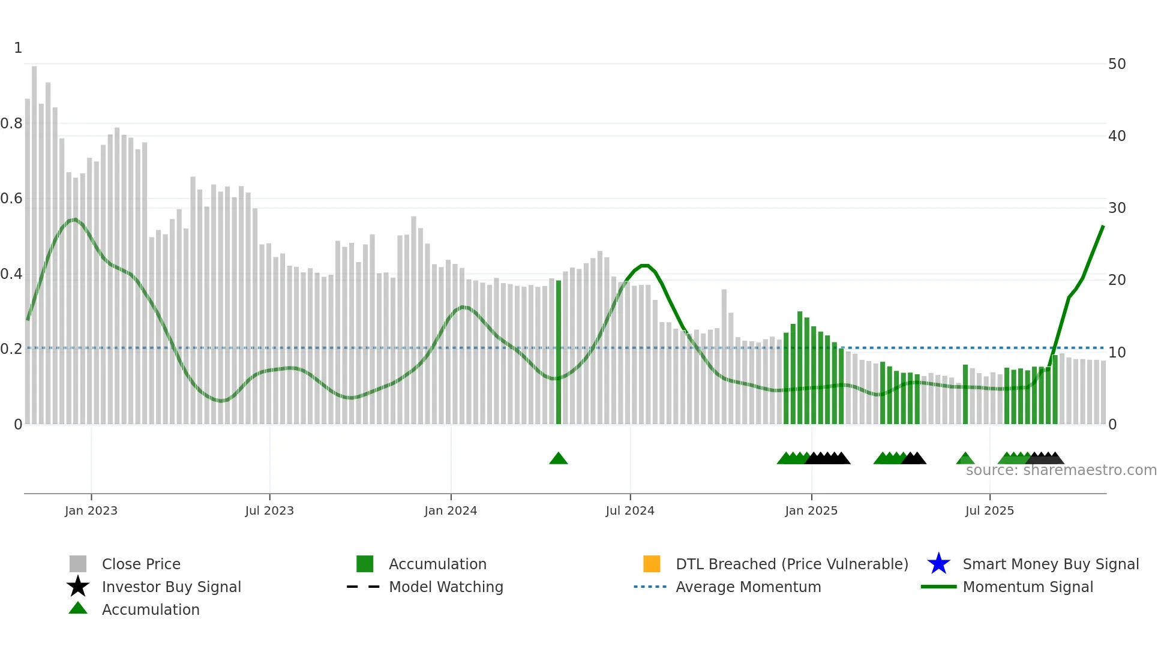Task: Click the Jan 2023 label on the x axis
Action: pyautogui.click(x=91, y=510)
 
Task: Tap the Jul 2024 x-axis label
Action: pyautogui.click(x=630, y=510)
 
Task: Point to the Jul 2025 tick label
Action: pyautogui.click(x=989, y=510)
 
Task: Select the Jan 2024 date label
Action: pyautogui.click(x=451, y=510)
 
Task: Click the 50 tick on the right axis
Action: pyautogui.click(x=1117, y=64)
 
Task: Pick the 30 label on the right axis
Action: pyautogui.click(x=1117, y=208)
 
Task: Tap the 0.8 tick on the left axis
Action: pyautogui.click(x=12, y=124)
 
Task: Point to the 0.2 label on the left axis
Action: pyautogui.click(x=12, y=349)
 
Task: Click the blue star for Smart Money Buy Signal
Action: pyautogui.click(x=938, y=564)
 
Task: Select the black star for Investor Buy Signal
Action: pyautogui.click(x=78, y=587)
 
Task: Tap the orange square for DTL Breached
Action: pyautogui.click(x=652, y=564)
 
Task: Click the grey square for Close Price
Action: pyautogui.click(x=78, y=564)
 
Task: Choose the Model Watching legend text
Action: pyautogui.click(x=446, y=587)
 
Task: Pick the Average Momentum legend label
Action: pyautogui.click(x=748, y=587)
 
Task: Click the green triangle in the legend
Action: pyautogui.click(x=78, y=608)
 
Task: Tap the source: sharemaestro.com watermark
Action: pyautogui.click(x=1061, y=470)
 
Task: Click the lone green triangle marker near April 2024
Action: pyautogui.click(x=559, y=459)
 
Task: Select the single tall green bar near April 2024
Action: pyautogui.click(x=559, y=354)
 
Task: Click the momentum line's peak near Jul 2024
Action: pyautogui.click(x=644, y=265)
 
